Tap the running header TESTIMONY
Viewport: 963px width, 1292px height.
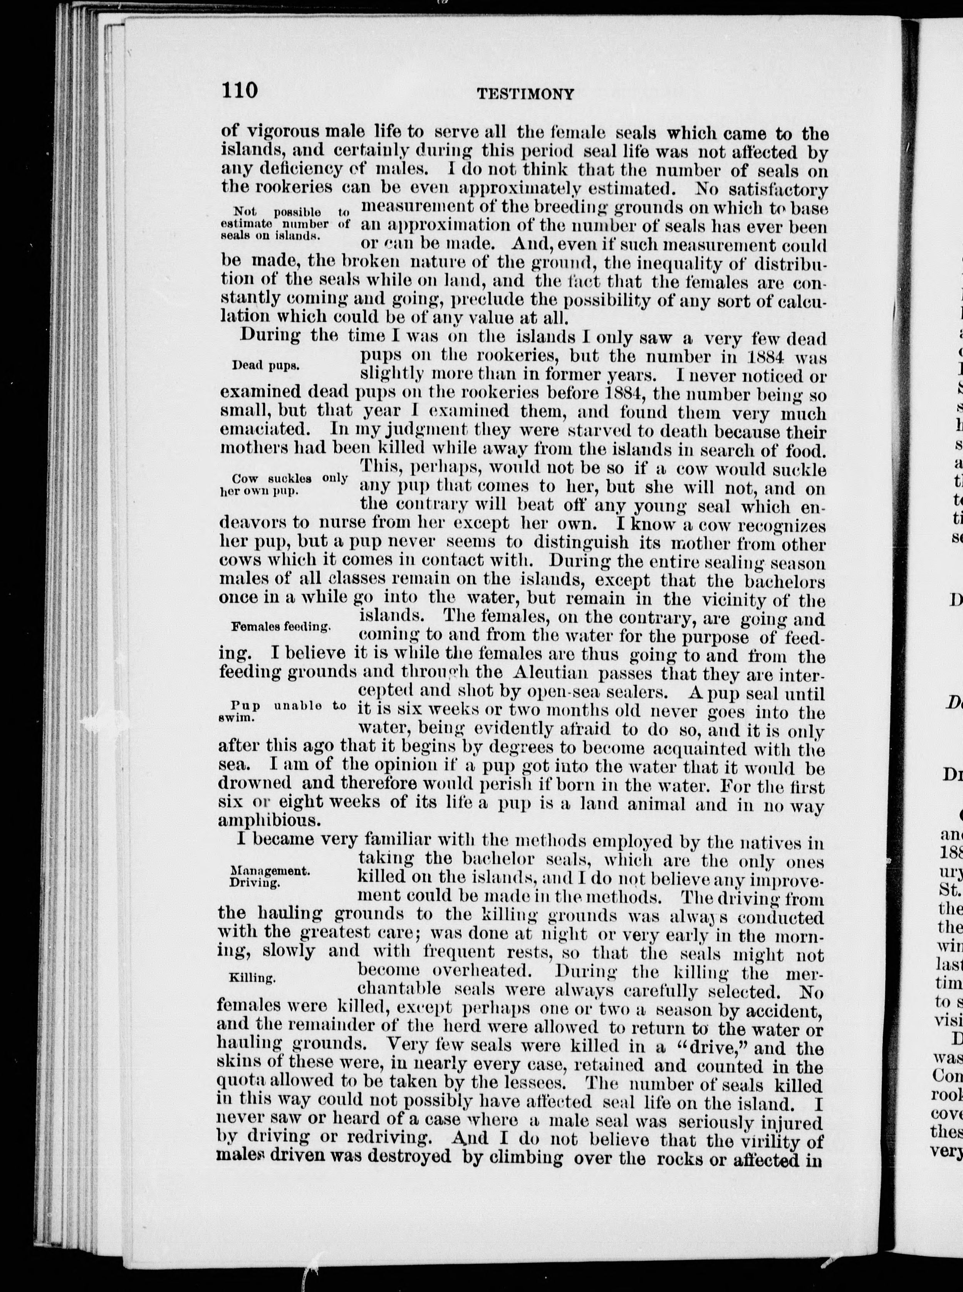525,94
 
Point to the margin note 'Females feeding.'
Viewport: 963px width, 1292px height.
281,626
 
